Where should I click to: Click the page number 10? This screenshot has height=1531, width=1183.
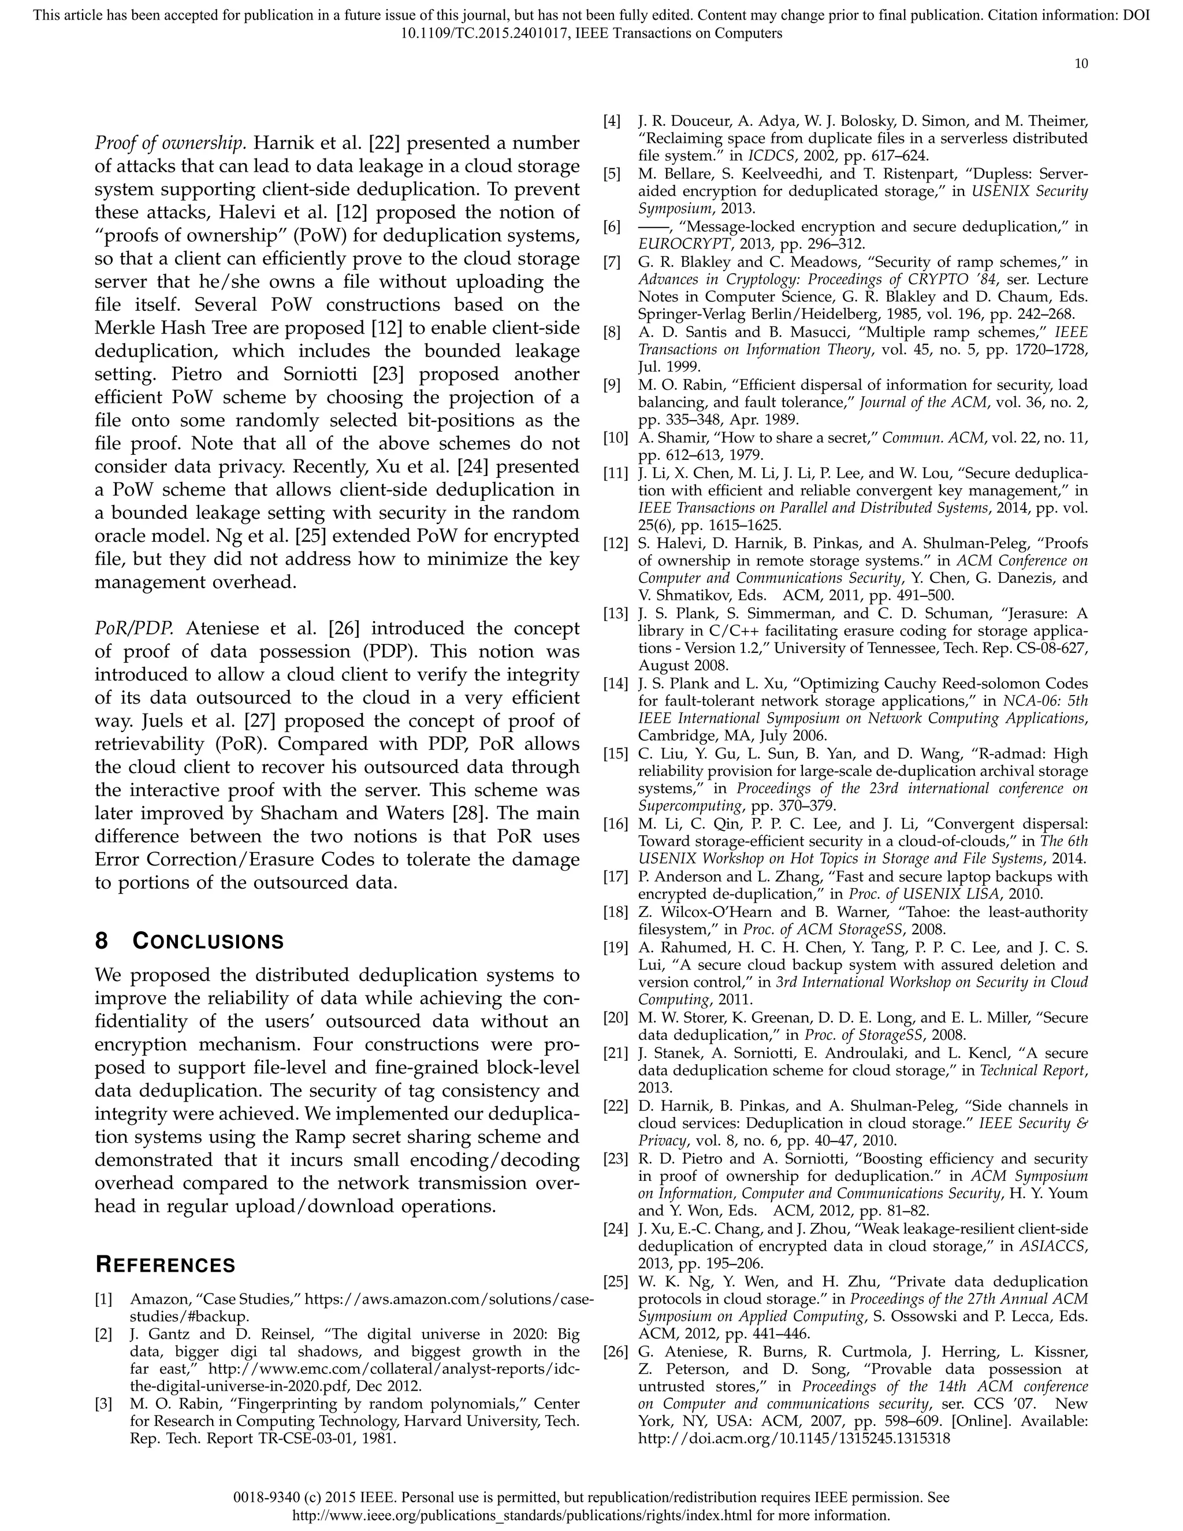[1081, 64]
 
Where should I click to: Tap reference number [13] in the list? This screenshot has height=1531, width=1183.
[615, 614]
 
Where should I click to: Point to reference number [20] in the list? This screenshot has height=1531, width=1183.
[615, 1017]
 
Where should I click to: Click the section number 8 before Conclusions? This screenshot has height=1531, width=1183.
[102, 942]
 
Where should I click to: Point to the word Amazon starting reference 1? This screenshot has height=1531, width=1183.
[152, 1300]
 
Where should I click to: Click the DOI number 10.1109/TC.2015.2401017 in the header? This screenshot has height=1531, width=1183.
[484, 33]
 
